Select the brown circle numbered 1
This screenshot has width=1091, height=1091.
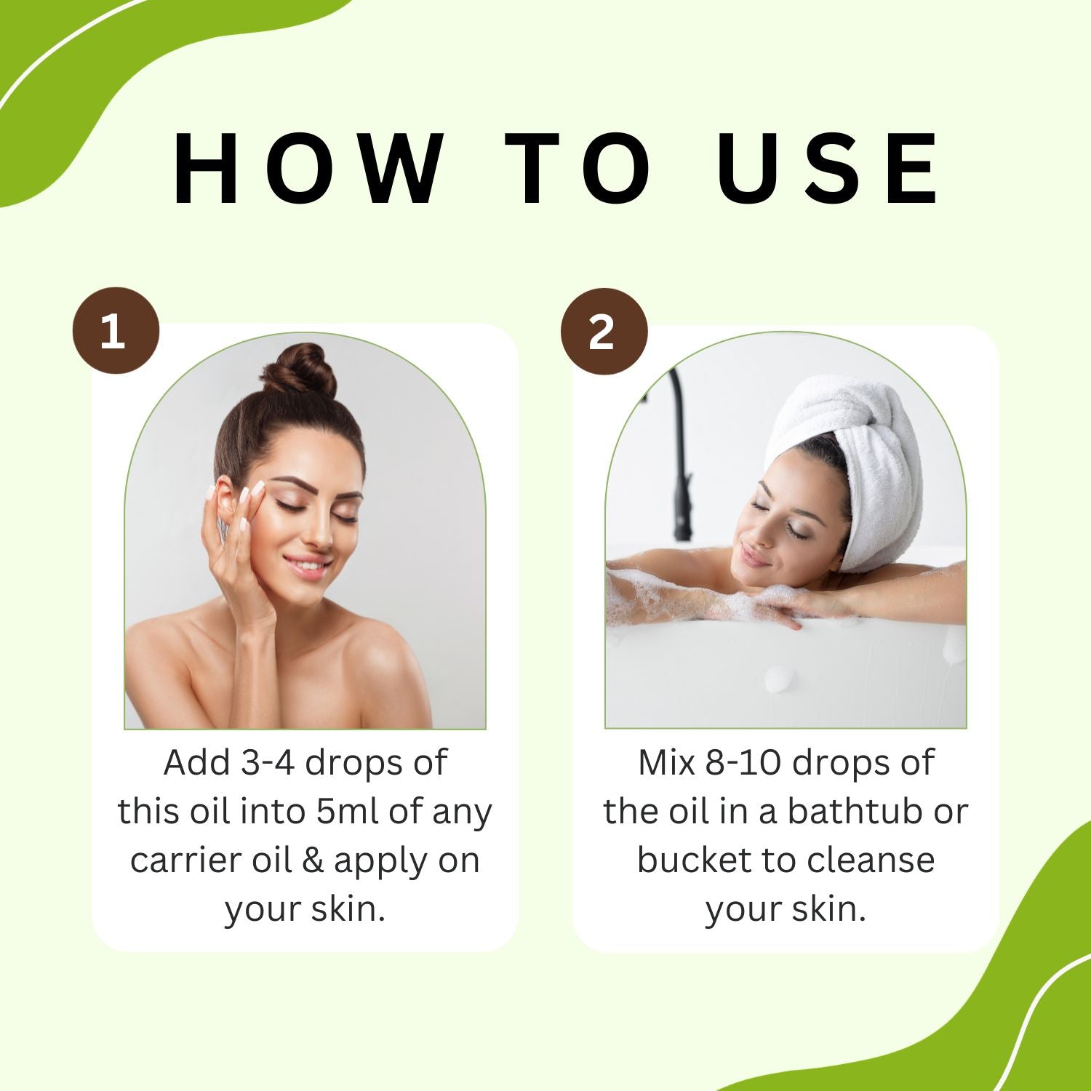coord(115,332)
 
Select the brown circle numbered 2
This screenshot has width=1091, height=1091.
coord(603,332)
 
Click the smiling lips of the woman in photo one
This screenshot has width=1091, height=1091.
coord(305,565)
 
